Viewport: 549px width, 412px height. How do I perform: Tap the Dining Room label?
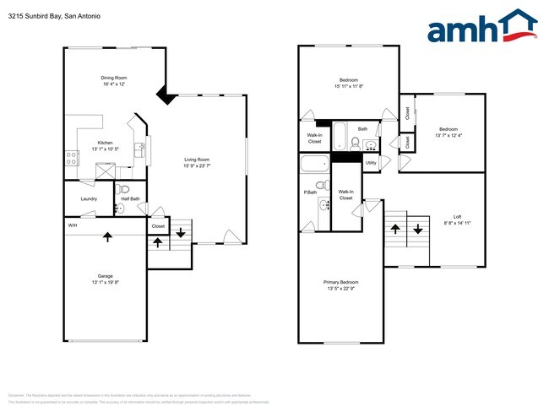114,78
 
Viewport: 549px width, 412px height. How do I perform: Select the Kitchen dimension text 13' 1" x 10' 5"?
106,149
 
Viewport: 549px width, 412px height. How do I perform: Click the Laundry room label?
89,198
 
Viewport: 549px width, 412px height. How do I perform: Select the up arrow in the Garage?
107,237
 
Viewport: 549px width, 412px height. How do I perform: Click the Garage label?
105,276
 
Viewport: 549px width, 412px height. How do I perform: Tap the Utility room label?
371,162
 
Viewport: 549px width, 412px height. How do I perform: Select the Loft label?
455,217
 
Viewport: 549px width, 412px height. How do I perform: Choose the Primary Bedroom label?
340,282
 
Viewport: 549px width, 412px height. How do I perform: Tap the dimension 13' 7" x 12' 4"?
449,135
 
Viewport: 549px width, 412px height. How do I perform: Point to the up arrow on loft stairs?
395,229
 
